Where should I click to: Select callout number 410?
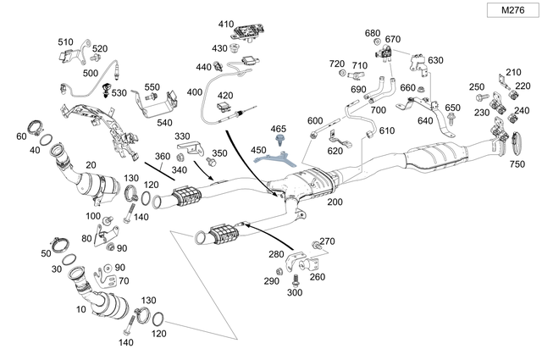[225, 24]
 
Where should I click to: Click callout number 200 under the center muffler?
[335, 203]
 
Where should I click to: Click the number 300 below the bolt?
[295, 292]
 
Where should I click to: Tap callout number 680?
[373, 33]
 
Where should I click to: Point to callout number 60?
[21, 136]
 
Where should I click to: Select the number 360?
[162, 157]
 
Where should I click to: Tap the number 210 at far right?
[514, 73]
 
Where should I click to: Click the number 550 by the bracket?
[152, 87]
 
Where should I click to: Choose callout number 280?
[276, 254]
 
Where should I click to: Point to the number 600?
[315, 120]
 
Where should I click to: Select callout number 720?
[337, 64]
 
